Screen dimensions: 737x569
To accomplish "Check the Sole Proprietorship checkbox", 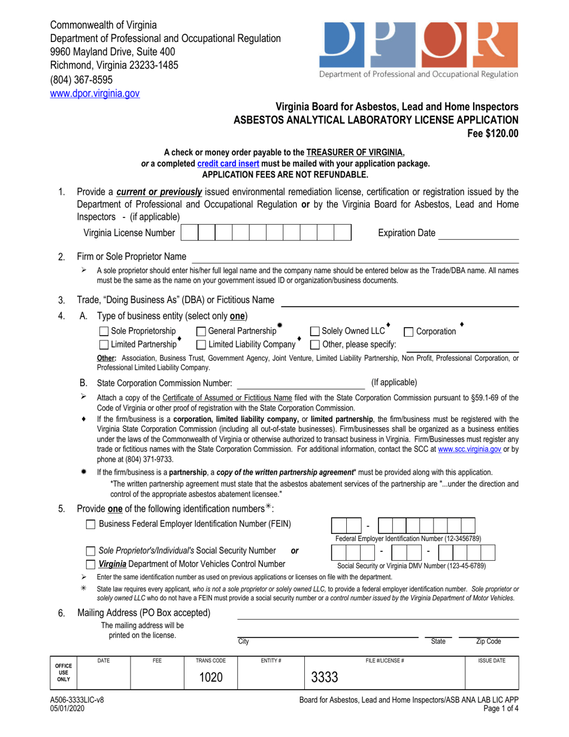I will (x=104, y=331).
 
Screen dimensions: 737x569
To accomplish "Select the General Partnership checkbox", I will (x=201, y=331).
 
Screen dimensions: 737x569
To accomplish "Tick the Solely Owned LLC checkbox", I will (x=314, y=331).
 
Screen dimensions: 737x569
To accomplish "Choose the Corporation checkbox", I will (x=409, y=331).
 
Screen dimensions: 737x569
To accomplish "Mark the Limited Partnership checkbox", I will (x=104, y=345).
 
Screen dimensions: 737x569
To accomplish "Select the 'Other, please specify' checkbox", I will (x=314, y=345).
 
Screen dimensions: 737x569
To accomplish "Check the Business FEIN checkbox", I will (x=91, y=524).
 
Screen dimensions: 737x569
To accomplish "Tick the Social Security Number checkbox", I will (x=91, y=551).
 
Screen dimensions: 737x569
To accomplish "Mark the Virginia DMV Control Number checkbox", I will (x=91, y=564).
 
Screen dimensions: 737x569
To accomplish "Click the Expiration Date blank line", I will (x=478, y=234).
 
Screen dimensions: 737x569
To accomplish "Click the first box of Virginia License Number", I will (x=189, y=233).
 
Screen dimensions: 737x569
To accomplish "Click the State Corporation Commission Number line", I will (x=301, y=383).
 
